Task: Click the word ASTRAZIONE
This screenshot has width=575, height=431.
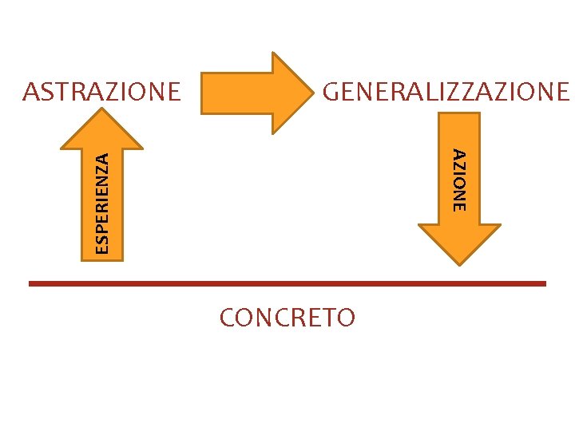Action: (102, 92)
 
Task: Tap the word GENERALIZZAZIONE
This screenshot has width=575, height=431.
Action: (446, 92)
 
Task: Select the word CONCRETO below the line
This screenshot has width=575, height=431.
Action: (287, 318)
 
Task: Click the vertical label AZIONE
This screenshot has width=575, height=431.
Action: (458, 180)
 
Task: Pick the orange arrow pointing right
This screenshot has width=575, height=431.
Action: (256, 93)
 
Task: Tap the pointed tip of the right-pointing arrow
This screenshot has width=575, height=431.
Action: (312, 93)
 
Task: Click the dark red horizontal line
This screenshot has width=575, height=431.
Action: (287, 283)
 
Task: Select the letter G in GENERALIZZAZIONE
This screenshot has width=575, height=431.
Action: (331, 92)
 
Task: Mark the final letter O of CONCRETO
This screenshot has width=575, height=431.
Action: (345, 318)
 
